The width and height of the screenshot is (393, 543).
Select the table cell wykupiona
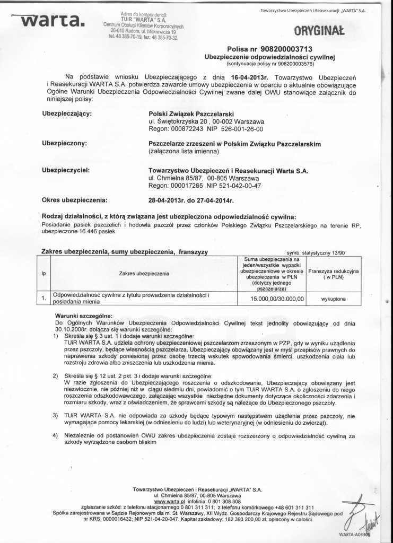point(334,299)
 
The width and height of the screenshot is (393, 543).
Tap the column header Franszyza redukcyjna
point(334,274)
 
